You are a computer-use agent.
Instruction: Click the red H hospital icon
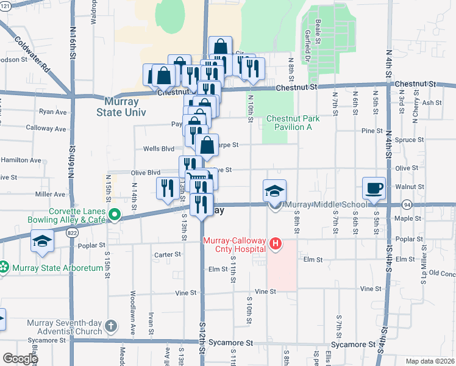pyautogui.click(x=276, y=245)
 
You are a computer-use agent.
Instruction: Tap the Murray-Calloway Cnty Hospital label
pyautogui.click(x=234, y=245)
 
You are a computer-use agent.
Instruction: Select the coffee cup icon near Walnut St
pyautogui.click(x=373, y=188)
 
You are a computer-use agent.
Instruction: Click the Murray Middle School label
pyautogui.click(x=326, y=204)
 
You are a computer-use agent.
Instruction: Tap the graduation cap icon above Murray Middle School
pyautogui.click(x=274, y=190)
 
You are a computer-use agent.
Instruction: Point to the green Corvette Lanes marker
pyautogui.click(x=114, y=214)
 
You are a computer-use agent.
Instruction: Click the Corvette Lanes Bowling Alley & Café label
pyautogui.click(x=65, y=214)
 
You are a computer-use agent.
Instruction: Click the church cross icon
pyautogui.click(x=110, y=326)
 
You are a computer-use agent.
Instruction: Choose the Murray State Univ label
pyautogui.click(x=117, y=107)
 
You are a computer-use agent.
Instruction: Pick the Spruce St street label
pyautogui.click(x=409, y=139)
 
